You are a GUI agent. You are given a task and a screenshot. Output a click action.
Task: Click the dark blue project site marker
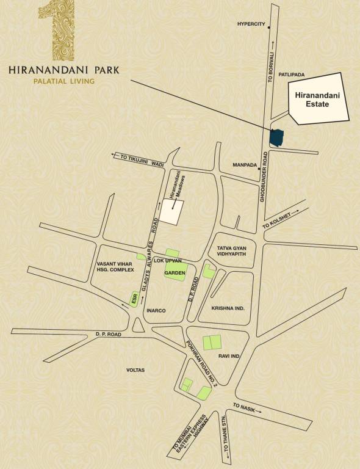point(276,137)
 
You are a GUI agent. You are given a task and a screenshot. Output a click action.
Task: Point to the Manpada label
point(246,165)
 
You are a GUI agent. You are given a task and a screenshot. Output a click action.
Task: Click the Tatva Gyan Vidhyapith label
point(231,251)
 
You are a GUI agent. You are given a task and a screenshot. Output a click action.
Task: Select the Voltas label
point(135,369)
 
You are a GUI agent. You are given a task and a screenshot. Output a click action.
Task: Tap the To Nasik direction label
point(246,408)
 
